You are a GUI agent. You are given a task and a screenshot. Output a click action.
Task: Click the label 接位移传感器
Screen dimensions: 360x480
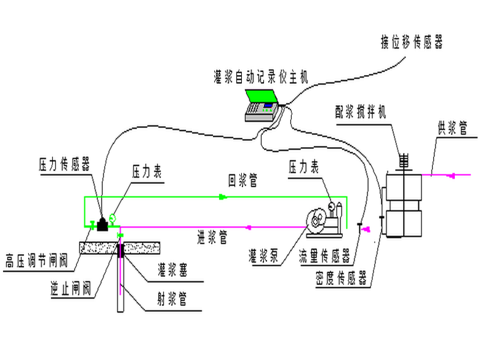412,42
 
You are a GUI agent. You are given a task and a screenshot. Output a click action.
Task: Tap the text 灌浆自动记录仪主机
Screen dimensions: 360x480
261,76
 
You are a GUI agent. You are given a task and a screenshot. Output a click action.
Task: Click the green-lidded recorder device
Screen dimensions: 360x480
263,105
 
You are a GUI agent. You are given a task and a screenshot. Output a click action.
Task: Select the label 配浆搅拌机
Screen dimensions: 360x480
361,112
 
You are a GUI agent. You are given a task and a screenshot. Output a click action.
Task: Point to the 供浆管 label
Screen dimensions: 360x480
452,129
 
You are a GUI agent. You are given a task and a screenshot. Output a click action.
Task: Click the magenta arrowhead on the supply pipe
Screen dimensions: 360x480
453,175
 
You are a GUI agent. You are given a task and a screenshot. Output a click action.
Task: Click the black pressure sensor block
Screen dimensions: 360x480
101,224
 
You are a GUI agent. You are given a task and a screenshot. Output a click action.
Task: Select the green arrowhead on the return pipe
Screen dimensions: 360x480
223,198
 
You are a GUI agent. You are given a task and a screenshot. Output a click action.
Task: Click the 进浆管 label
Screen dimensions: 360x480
212,237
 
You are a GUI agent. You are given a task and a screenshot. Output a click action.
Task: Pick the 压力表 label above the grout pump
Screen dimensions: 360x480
304,167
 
